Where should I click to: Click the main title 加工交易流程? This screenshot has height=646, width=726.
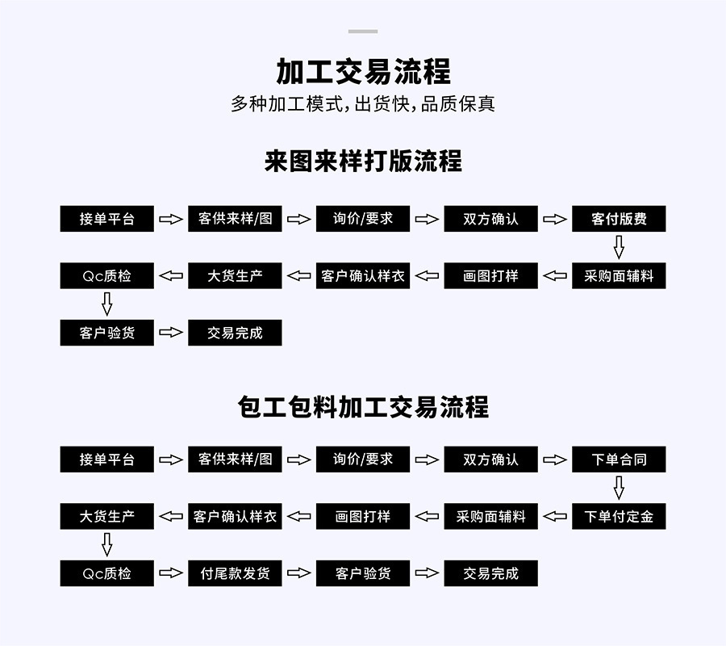363,72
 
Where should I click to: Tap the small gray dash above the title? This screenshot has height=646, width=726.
363,31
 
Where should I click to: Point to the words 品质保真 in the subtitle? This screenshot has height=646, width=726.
457,104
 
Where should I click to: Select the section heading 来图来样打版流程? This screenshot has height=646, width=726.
363,161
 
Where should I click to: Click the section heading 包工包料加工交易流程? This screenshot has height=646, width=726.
363,407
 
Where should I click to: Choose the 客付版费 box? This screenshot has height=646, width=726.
619,219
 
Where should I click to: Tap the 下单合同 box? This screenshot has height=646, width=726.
619,459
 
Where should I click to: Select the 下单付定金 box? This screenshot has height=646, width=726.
619,516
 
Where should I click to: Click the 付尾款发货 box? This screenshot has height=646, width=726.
235,573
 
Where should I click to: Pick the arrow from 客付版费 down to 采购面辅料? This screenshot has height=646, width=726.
619,247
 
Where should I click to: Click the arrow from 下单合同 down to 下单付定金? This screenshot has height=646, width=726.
619,488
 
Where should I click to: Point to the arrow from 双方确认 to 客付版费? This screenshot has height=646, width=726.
555,219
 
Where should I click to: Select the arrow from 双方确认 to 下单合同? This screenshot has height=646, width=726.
555,459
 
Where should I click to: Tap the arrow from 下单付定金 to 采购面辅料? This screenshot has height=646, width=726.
555,516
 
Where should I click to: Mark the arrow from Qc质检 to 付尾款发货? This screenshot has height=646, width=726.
171,573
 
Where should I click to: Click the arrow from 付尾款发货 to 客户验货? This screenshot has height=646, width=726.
298,573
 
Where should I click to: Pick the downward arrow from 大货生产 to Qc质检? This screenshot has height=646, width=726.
107,544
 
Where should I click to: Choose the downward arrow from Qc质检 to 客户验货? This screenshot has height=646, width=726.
107,304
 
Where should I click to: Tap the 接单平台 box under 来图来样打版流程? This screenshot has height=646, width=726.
107,219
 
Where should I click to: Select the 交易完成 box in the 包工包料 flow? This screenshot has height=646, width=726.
490,573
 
